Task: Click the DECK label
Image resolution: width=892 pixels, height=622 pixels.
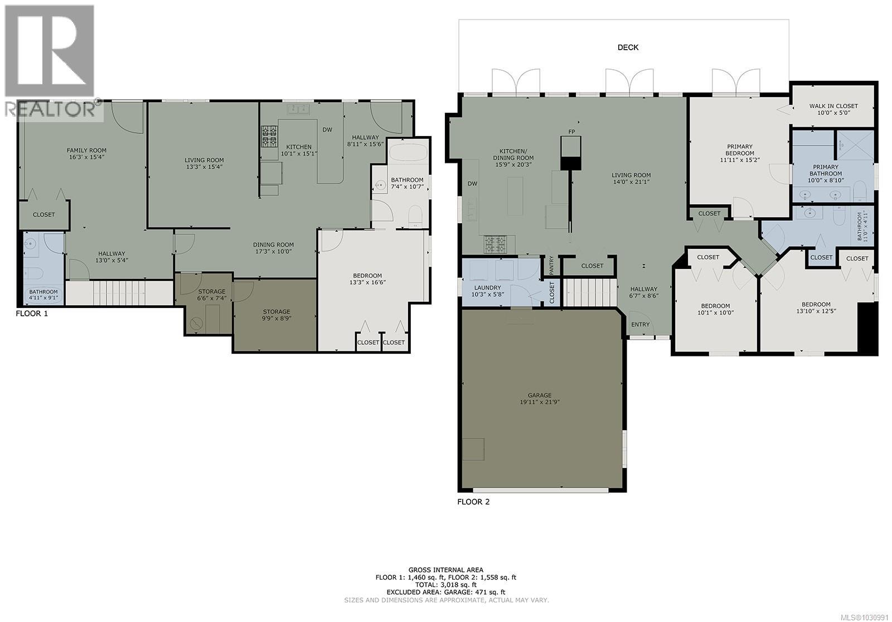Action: [x=628, y=47]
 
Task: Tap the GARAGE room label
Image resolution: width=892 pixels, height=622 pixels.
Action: [x=540, y=395]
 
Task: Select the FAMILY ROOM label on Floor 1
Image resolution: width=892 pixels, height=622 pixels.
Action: [x=86, y=150]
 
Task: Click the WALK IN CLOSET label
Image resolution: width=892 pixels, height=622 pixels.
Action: [x=833, y=106]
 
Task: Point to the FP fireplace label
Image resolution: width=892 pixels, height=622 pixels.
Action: [x=571, y=132]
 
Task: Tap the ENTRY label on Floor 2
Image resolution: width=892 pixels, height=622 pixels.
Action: [x=640, y=325]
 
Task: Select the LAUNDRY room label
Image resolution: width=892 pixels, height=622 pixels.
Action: [x=487, y=288]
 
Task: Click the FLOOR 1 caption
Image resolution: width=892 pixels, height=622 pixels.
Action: [x=32, y=314]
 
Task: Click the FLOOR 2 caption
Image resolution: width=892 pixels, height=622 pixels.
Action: [x=473, y=502]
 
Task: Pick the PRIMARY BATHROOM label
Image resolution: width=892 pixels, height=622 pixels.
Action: [x=825, y=170]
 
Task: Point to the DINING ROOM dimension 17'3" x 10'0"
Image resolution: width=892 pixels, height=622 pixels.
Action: [x=273, y=252]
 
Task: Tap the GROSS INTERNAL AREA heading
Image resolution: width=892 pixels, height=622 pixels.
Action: [x=446, y=570]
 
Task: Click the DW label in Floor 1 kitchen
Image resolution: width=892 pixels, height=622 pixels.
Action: [x=327, y=130]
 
